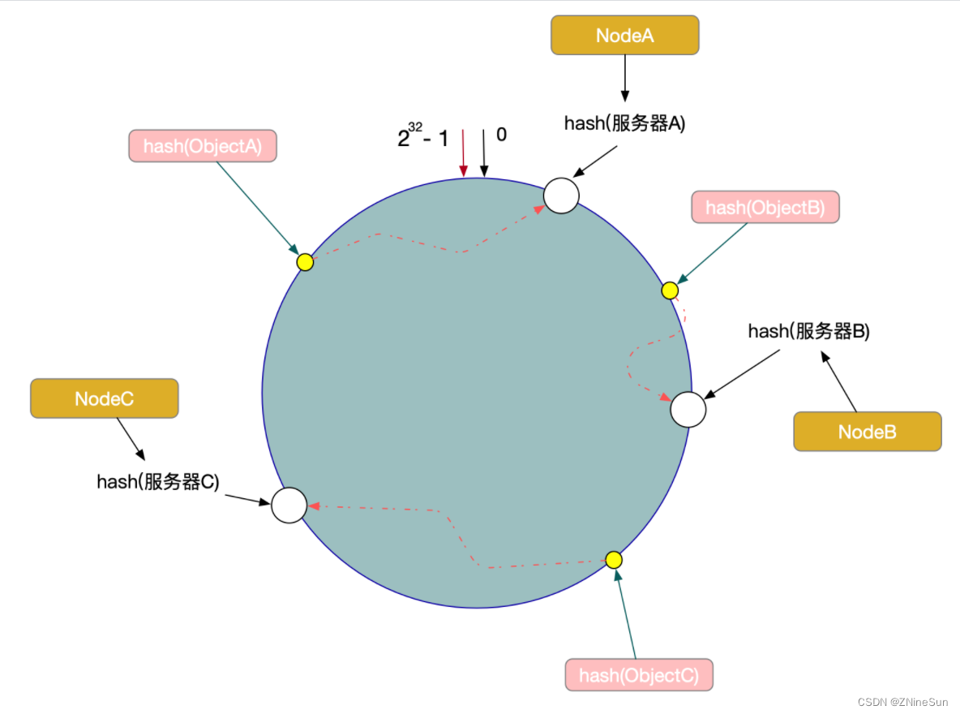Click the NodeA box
point(624,36)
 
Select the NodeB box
point(867,432)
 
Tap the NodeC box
point(104,398)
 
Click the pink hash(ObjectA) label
point(202,146)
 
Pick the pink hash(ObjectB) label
point(765,208)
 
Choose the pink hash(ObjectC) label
point(639,675)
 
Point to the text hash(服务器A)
point(624,123)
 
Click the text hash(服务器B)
point(808,331)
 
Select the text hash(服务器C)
point(158,481)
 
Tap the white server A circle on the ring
point(561,196)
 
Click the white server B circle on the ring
point(688,409)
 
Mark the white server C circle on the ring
point(289,505)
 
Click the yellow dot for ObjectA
point(305,262)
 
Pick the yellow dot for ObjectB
point(670,290)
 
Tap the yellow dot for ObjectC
point(614,560)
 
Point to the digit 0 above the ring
point(501,135)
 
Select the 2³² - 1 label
point(422,138)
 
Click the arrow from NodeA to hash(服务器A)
point(624,79)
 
